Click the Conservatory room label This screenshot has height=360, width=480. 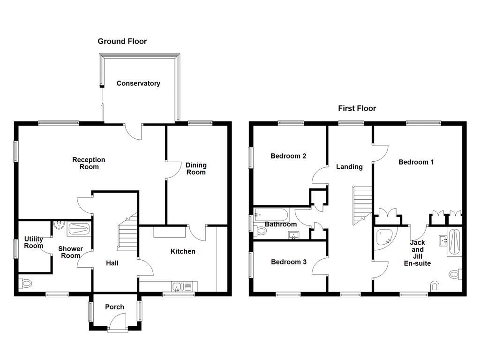coord(138,83)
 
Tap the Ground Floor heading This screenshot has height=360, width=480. coord(122,41)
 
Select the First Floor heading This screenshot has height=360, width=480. coord(357,108)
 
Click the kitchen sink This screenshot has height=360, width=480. coord(178,286)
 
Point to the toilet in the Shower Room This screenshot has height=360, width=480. coord(25,283)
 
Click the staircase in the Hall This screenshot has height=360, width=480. coord(127,234)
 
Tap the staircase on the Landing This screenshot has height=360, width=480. coord(362,204)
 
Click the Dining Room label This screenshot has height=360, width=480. coord(196,168)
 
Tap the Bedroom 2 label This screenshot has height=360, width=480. coord(288,156)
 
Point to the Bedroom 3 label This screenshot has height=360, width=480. coord(288,262)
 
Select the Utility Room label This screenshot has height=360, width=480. coord(34,242)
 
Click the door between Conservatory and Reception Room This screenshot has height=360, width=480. coord(135,132)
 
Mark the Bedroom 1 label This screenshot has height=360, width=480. coord(416,162)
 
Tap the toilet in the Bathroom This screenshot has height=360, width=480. coord(261,231)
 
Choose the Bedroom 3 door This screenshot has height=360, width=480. coord(320,266)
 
